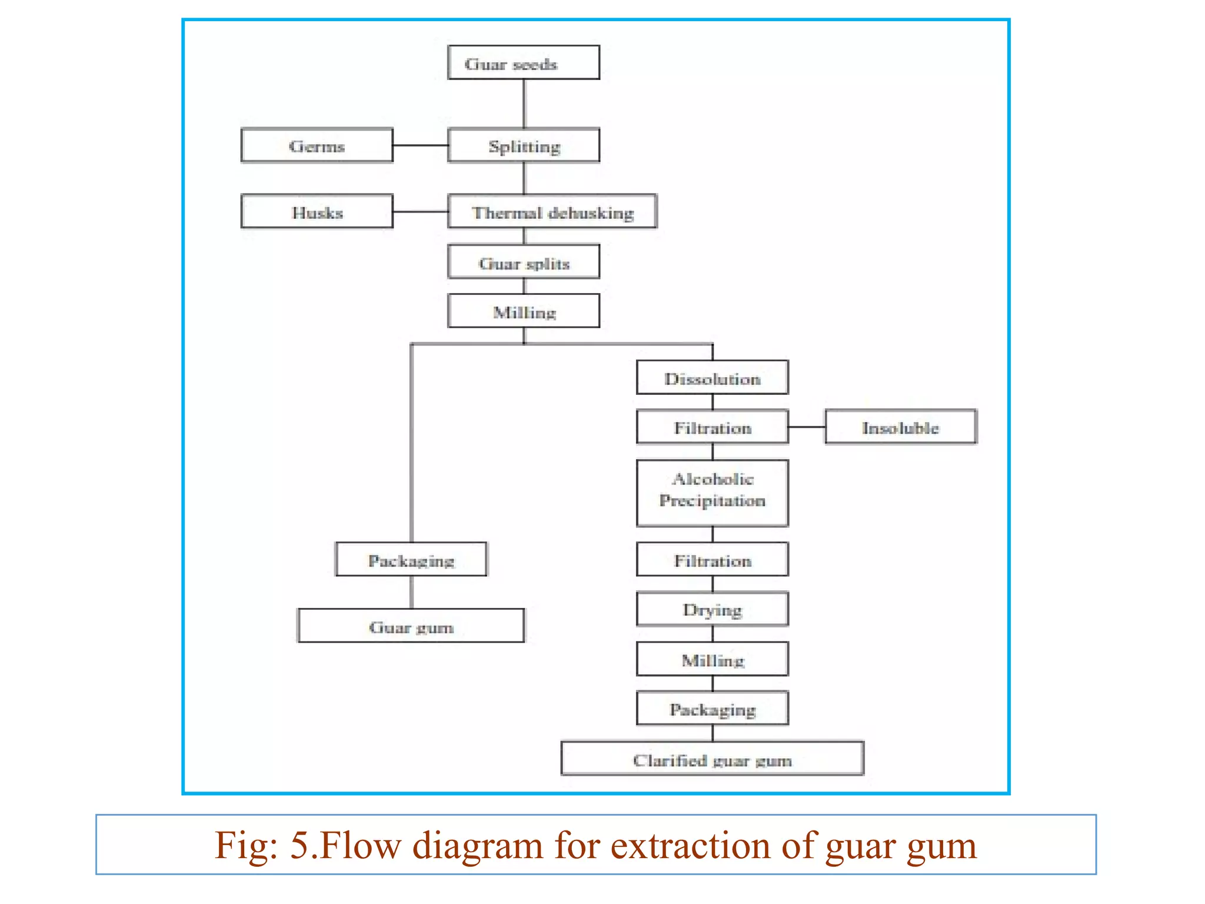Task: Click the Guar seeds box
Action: point(523,62)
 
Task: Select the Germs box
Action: point(317,145)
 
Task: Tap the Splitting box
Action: point(523,145)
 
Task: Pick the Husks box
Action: point(317,211)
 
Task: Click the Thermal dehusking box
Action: point(552,211)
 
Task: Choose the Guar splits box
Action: point(523,262)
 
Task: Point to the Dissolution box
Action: point(712,377)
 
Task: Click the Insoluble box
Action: point(900,427)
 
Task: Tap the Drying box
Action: point(712,609)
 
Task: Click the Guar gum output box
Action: point(411,626)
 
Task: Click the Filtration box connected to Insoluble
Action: point(712,427)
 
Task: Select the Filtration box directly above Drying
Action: point(712,559)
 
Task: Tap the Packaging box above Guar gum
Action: point(411,559)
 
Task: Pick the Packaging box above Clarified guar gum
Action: point(712,709)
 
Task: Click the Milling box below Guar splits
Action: point(523,311)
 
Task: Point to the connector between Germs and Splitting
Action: point(420,145)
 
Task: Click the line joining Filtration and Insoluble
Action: point(807,427)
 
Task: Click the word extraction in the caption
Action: point(690,845)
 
